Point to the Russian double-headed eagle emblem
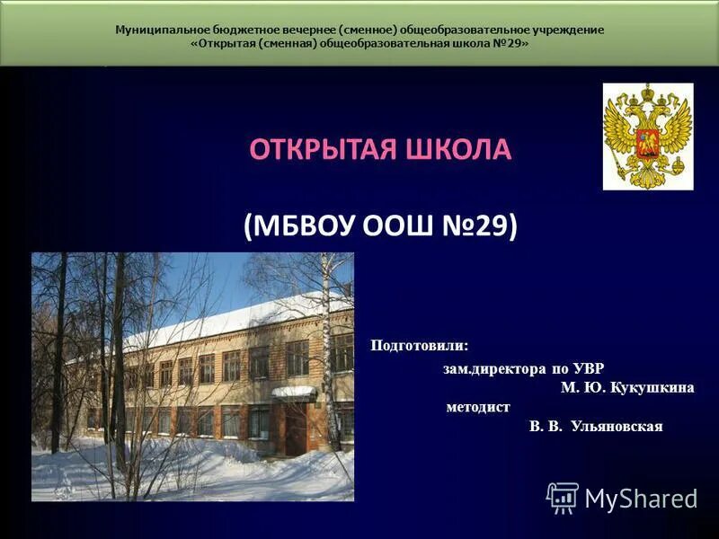pos(647,136)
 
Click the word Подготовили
pos(420,346)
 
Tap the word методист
pos(477,407)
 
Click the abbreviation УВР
pos(585,368)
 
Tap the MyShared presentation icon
pos(563,498)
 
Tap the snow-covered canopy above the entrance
pos(294,392)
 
